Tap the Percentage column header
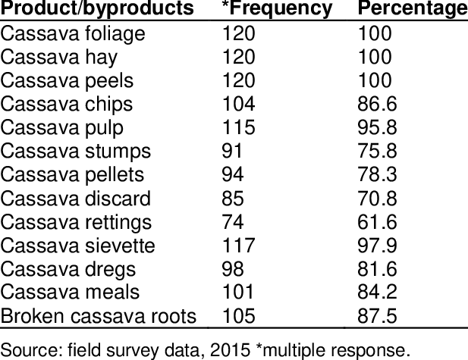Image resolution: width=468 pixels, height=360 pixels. pyautogui.click(x=412, y=10)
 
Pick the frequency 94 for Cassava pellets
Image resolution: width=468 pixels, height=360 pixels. pyautogui.click(x=232, y=175)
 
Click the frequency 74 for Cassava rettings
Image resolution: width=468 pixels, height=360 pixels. pyautogui.click(x=232, y=222)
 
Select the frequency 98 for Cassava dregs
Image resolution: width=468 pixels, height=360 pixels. pyautogui.click(x=232, y=269)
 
